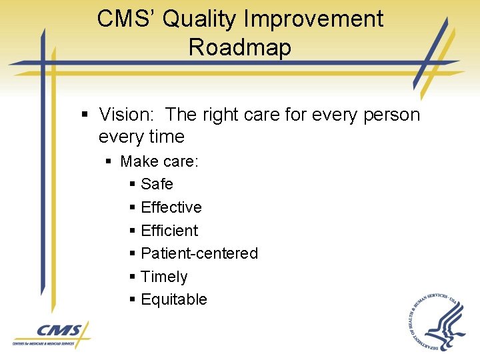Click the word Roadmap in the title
click(240, 47)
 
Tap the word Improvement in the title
click(314, 19)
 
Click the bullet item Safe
click(157, 184)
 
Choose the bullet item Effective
click(171, 207)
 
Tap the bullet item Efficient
click(169, 231)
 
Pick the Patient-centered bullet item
click(199, 253)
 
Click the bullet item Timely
click(164, 277)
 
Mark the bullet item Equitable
click(174, 299)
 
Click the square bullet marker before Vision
click(85, 115)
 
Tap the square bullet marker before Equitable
click(133, 300)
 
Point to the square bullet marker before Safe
click(133, 185)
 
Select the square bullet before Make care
click(110, 162)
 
